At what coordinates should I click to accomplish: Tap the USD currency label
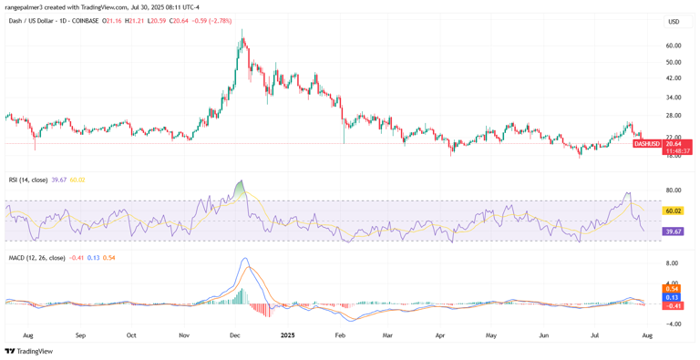click(674, 22)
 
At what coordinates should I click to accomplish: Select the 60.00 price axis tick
click(674, 46)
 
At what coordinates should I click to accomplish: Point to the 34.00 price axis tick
click(674, 98)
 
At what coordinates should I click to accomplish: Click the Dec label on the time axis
click(234, 335)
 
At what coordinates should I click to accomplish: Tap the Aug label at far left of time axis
click(27, 335)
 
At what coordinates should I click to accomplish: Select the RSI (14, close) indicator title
click(28, 180)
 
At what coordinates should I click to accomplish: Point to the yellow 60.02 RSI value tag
click(674, 211)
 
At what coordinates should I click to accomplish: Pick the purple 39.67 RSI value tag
click(674, 232)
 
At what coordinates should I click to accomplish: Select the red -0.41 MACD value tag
click(674, 305)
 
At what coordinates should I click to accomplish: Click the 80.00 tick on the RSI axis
click(674, 190)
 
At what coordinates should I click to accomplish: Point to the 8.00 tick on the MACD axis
click(674, 263)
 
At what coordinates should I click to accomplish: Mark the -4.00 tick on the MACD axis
click(674, 324)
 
